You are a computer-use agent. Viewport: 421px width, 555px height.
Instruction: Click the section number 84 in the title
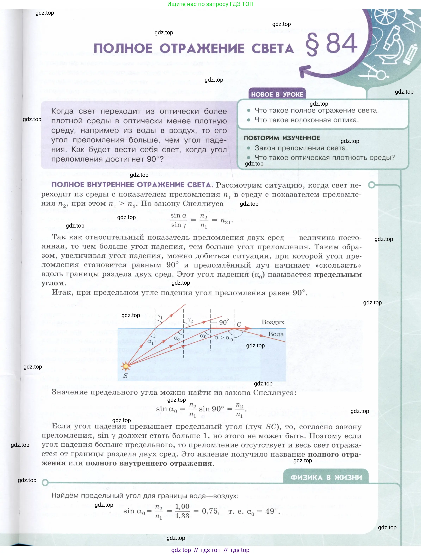pyautogui.click(x=342, y=44)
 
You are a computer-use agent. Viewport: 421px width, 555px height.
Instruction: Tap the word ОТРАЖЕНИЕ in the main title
pyautogui.click(x=202, y=49)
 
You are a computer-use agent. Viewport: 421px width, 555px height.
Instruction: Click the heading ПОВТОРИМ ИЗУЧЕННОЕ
pyautogui.click(x=282, y=138)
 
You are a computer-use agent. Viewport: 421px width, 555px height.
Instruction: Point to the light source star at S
pyautogui.click(x=126, y=366)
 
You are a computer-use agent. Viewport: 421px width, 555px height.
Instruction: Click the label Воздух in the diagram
pyautogui.click(x=273, y=322)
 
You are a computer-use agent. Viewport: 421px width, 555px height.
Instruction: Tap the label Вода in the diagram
pyautogui.click(x=276, y=334)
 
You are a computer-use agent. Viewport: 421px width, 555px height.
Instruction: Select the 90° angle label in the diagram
pyautogui.click(x=224, y=322)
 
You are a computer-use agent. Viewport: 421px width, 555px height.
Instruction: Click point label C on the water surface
pyautogui.click(x=239, y=324)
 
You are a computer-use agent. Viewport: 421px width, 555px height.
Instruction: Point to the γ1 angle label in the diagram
pyautogui.click(x=160, y=317)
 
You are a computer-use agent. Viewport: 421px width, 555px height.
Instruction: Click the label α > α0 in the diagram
pyautogui.click(x=224, y=338)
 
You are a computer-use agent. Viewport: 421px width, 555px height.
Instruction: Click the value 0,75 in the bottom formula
pyautogui.click(x=210, y=511)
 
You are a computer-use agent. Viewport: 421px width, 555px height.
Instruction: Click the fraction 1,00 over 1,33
pyautogui.click(x=182, y=511)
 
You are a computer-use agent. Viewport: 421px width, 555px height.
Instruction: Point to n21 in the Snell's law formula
pyautogui.click(x=226, y=221)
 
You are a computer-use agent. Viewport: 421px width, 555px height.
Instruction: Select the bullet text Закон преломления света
pyautogui.click(x=301, y=148)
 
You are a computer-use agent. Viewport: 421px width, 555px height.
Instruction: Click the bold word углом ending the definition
pyautogui.click(x=53, y=283)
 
